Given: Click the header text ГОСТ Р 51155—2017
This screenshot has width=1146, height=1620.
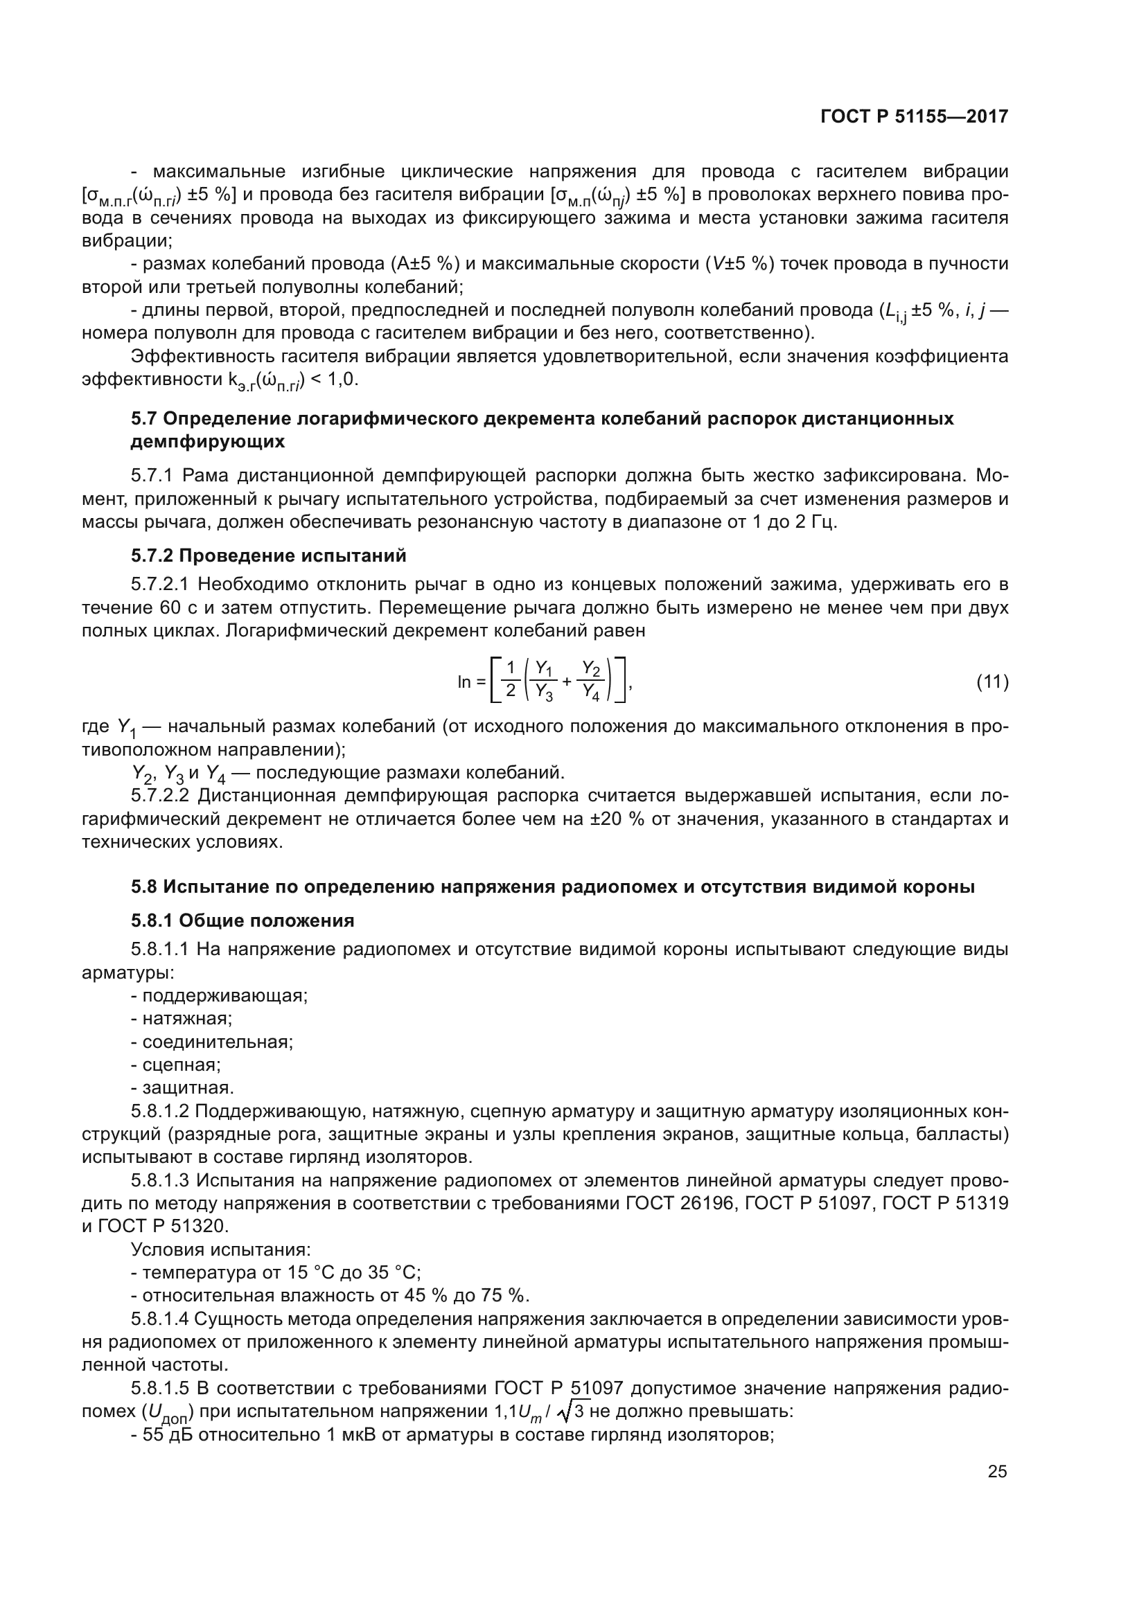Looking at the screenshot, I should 914,117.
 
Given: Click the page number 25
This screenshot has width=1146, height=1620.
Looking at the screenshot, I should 997,1471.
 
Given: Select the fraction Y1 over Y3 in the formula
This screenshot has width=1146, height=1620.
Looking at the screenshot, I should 543,681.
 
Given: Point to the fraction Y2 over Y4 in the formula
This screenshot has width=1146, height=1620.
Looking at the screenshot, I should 590,681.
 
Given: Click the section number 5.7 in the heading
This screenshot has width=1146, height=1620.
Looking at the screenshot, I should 144,418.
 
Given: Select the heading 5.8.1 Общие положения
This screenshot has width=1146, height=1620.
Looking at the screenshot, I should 242,920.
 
